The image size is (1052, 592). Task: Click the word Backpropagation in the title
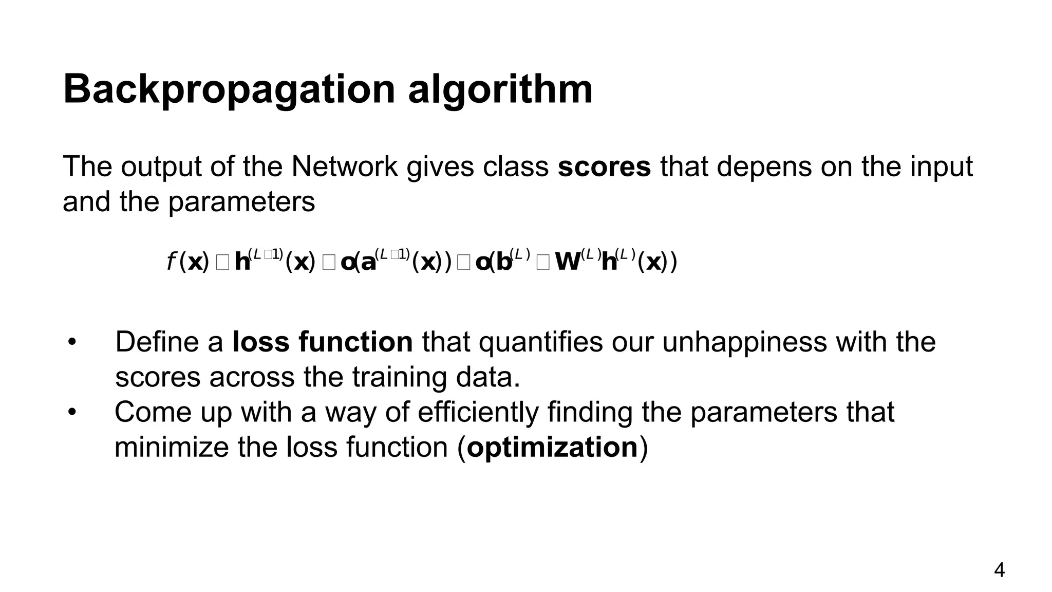point(229,90)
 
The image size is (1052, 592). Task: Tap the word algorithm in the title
point(500,90)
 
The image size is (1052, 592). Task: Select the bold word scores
point(604,166)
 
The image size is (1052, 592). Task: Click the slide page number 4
point(999,570)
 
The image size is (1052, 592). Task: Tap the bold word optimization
point(552,447)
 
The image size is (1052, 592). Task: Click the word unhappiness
point(744,342)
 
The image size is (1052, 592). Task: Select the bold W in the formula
point(568,262)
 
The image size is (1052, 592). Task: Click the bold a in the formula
point(368,262)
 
